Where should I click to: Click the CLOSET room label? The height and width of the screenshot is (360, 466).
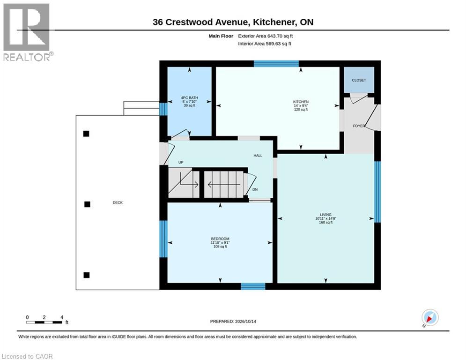pyautogui.click(x=359, y=80)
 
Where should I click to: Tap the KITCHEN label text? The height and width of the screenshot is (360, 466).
pyautogui.click(x=301, y=102)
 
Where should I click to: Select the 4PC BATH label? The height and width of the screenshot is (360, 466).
pyautogui.click(x=189, y=97)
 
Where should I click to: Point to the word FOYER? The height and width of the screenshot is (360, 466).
pyautogui.click(x=359, y=126)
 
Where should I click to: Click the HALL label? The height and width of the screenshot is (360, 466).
pyautogui.click(x=258, y=156)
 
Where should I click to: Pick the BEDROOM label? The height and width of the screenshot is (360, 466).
pyautogui.click(x=220, y=239)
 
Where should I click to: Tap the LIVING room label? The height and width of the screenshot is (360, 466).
pyautogui.click(x=325, y=215)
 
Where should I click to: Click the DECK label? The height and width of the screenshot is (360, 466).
pyautogui.click(x=118, y=202)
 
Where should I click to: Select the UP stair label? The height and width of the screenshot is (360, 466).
pyautogui.click(x=181, y=163)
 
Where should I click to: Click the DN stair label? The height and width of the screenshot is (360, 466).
pyautogui.click(x=255, y=189)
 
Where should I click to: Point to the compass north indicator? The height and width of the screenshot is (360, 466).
pyautogui.click(x=430, y=318)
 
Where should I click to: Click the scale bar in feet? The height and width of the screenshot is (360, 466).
pyautogui.click(x=44, y=322)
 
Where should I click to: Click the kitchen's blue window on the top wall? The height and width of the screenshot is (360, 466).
pyautogui.click(x=276, y=64)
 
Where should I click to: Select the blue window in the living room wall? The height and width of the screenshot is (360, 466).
pyautogui.click(x=377, y=192)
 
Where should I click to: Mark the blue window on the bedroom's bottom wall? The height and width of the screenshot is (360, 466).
pyautogui.click(x=253, y=286)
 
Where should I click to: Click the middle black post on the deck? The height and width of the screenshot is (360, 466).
pyautogui.click(x=87, y=204)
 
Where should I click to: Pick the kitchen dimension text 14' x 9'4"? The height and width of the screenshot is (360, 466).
pyautogui.click(x=301, y=105)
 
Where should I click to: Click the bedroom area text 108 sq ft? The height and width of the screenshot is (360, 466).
pyautogui.click(x=220, y=247)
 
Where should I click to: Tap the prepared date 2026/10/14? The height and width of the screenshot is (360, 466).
pyautogui.click(x=245, y=321)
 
